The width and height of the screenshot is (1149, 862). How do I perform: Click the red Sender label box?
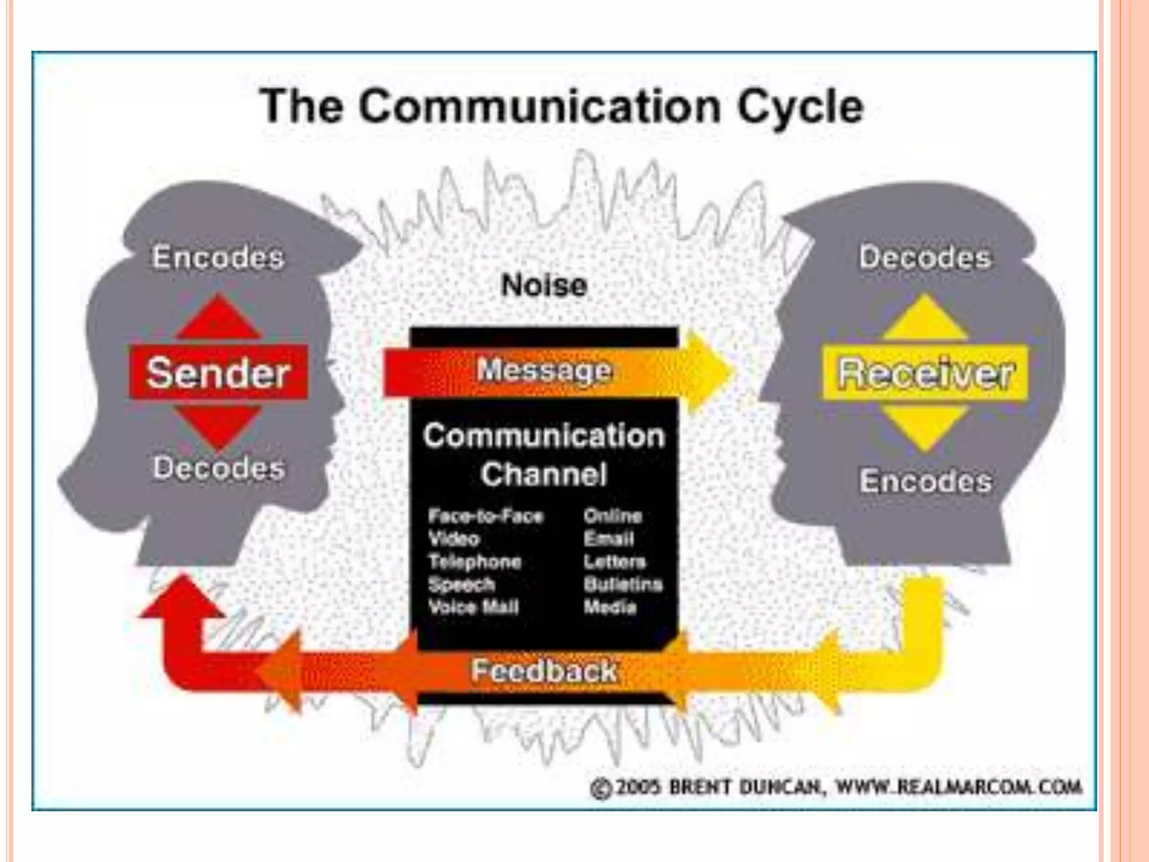[x=218, y=373]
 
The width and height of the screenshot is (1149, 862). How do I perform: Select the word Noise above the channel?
[x=544, y=285]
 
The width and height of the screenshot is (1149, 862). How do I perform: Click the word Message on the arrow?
[x=544, y=370]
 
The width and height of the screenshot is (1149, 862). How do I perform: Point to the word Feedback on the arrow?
[x=544, y=671]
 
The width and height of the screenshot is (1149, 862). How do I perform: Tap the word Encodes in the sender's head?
[x=218, y=257]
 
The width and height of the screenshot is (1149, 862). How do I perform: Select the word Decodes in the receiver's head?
[x=925, y=258]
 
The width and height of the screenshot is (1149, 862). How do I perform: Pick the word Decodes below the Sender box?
[x=219, y=467]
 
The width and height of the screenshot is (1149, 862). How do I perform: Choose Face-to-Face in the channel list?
[x=486, y=516]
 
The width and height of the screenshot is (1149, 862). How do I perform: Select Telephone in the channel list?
[x=475, y=561]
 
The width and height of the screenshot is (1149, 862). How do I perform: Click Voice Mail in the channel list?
[x=474, y=607]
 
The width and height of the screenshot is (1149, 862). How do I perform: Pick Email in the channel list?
[x=609, y=539]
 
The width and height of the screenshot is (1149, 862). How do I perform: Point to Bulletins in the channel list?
[x=623, y=584]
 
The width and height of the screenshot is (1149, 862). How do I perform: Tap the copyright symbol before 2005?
[x=600, y=788]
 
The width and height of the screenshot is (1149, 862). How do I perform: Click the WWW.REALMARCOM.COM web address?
[x=959, y=787]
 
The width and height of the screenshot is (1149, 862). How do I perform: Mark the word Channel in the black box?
[x=544, y=474]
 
